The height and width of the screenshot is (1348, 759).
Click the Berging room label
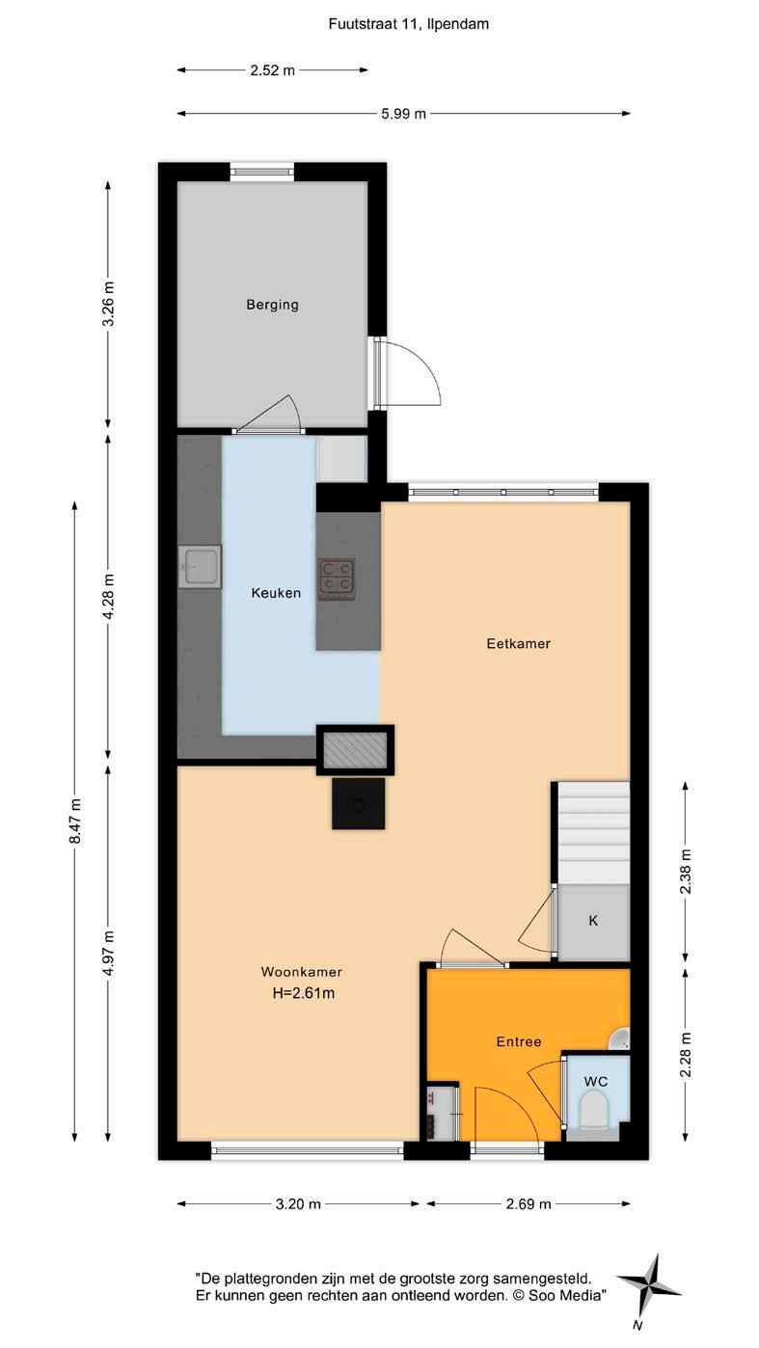pyautogui.click(x=272, y=305)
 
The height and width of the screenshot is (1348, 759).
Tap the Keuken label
pyautogui.click(x=276, y=593)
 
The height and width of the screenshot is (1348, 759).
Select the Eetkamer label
pyautogui.click(x=518, y=644)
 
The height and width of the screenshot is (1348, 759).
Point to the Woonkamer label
pyautogui.click(x=302, y=972)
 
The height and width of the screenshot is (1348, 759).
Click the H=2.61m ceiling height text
pyautogui.click(x=304, y=993)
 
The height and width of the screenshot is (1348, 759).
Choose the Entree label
pyautogui.click(x=518, y=1041)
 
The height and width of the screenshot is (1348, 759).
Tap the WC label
pyautogui.click(x=595, y=1082)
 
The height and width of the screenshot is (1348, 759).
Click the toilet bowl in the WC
pyautogui.click(x=594, y=1109)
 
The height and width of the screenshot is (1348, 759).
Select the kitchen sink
pyautogui.click(x=201, y=567)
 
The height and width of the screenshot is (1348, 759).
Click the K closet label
pyautogui.click(x=593, y=920)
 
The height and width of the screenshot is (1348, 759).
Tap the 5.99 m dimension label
pyautogui.click(x=403, y=114)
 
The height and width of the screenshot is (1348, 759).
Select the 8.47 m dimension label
pyautogui.click(x=74, y=821)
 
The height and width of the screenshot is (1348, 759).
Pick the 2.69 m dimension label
pyautogui.click(x=529, y=1204)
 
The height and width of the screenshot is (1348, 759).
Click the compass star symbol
pyautogui.click(x=648, y=1286)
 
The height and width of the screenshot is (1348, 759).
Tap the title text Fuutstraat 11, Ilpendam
pyautogui.click(x=409, y=24)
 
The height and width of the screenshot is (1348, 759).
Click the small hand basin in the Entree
pyautogui.click(x=620, y=1039)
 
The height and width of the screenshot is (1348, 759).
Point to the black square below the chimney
pyautogui.click(x=359, y=803)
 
